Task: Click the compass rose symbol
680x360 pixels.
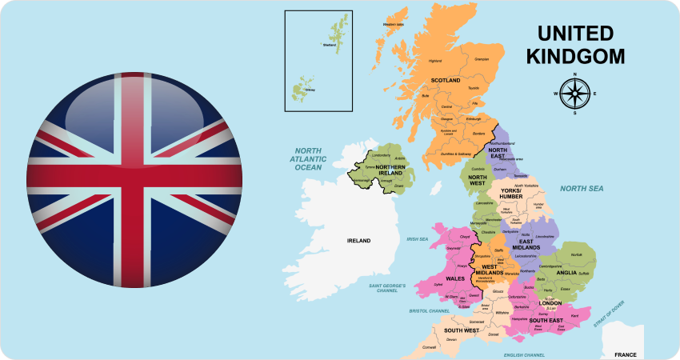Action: tap(574, 94)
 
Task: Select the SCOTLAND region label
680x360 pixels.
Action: tap(446, 80)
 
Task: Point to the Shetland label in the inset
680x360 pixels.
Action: tap(329, 45)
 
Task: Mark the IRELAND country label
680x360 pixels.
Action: tap(358, 240)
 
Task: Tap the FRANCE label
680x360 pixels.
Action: tap(625, 354)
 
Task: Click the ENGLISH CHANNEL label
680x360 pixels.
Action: tap(524, 354)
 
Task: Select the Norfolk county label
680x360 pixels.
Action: tap(576, 255)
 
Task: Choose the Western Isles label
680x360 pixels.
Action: tap(394, 24)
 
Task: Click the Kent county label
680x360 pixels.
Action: tap(574, 317)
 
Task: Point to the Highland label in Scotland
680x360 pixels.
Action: tap(435, 61)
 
